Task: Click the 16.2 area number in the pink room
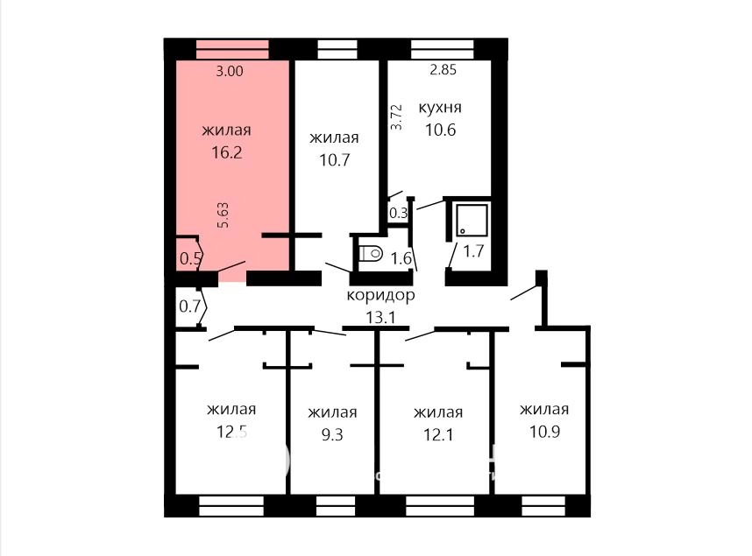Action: coord(227,153)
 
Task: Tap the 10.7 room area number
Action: coord(334,160)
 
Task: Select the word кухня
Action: coord(440,108)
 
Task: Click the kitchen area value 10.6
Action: coord(440,130)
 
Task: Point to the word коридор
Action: coord(380,295)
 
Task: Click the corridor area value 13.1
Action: coord(380,317)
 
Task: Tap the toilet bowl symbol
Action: coord(370,253)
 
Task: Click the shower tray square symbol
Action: coord(472,220)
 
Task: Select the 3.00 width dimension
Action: coord(230,72)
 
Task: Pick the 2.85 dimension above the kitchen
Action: coord(443,70)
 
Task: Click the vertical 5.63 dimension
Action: coord(223,215)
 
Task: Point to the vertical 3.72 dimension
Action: coord(397,117)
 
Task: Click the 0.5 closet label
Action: coord(190,259)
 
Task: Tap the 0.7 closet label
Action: coord(189,306)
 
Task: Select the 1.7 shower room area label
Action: coord(473,251)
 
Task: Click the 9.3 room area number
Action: coord(332,435)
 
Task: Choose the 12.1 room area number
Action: coord(438,435)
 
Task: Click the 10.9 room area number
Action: coord(545,432)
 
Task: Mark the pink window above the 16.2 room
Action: coord(232,49)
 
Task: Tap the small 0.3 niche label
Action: coord(398,214)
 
